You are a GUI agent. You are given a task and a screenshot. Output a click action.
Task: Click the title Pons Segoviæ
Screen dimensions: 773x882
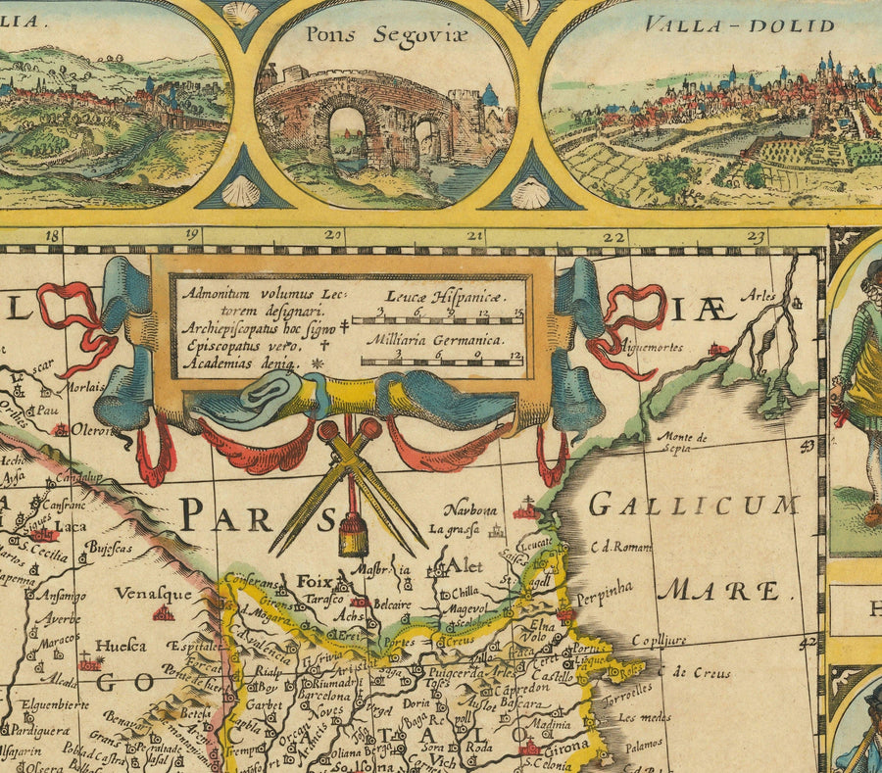[x=387, y=35]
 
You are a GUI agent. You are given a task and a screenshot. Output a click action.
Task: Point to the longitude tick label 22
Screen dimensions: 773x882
[x=613, y=236]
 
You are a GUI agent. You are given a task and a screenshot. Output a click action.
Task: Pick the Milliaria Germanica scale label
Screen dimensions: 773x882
[x=435, y=340]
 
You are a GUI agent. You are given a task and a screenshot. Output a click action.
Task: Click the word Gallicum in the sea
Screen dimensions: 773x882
[x=694, y=507]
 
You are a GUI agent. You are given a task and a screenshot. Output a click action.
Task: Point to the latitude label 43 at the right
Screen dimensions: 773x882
[x=808, y=446]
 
